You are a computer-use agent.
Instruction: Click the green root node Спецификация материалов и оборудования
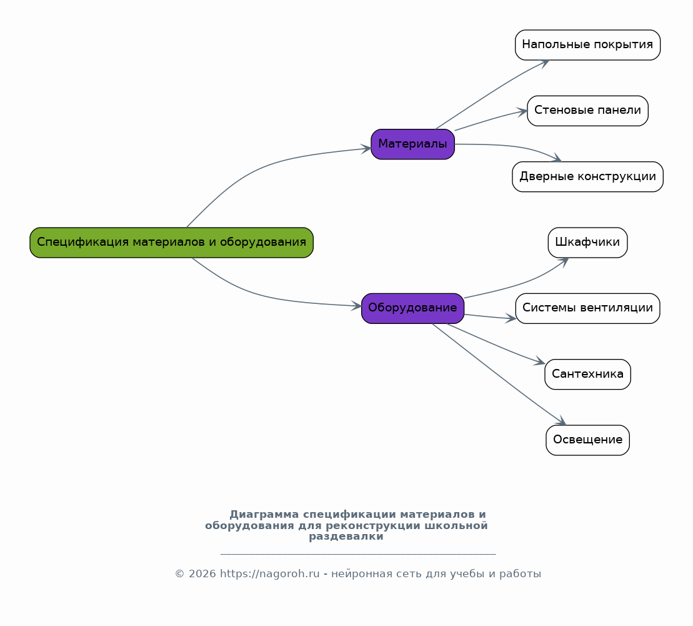tap(171, 243)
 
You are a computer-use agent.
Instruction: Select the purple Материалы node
tap(413, 144)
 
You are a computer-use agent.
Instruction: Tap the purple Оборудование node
tap(413, 308)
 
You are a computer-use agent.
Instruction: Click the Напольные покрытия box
tap(588, 45)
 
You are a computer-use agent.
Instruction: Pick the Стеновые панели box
tap(588, 111)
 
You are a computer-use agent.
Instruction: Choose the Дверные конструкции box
tap(588, 176)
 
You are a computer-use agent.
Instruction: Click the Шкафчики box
tap(588, 243)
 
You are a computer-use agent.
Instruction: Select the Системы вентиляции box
tap(588, 308)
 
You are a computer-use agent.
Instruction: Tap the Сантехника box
tap(588, 374)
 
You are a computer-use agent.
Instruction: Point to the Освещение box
tap(588, 440)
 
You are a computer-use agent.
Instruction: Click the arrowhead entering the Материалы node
tap(366, 149)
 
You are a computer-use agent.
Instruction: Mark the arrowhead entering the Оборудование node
tap(357, 306)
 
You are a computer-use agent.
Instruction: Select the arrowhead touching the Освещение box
tap(561, 421)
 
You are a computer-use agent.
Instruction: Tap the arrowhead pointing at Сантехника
tap(540, 361)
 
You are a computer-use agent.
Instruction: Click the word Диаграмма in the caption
tap(264, 515)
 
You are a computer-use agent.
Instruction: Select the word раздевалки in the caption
tap(346, 537)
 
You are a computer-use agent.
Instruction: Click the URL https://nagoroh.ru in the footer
tap(269, 574)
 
